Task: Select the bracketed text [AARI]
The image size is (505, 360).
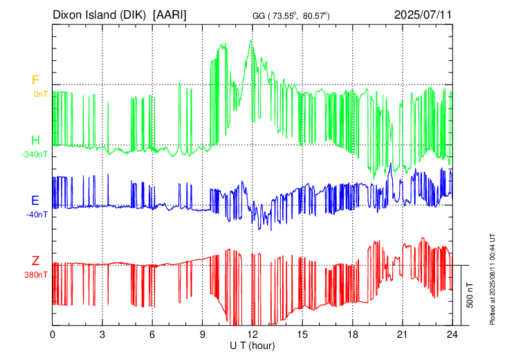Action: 170,14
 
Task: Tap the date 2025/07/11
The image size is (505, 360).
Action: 422,14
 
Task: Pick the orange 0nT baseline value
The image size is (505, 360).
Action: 40,93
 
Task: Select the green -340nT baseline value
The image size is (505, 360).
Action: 35,154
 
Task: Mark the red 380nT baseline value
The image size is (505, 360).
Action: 37,274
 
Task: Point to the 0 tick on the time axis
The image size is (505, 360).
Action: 53,334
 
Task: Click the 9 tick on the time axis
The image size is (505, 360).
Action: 203,334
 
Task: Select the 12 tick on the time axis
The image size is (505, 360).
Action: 252,334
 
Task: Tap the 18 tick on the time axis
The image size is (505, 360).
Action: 352,334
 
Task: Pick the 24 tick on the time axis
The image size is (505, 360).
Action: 452,334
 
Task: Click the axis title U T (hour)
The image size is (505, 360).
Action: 252,344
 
